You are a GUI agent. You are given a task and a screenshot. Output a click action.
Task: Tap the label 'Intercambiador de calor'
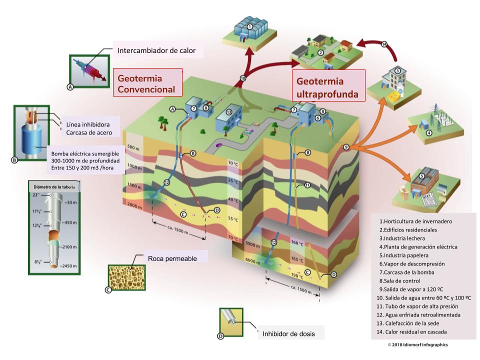(x=156, y=50)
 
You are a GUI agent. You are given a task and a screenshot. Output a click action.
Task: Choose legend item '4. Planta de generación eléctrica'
(x=418, y=246)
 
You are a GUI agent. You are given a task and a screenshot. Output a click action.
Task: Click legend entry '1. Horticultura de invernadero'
(x=415, y=221)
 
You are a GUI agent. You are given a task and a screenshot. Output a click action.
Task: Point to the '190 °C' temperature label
(x=297, y=275)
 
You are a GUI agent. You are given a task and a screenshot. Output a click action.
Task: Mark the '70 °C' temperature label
(x=232, y=237)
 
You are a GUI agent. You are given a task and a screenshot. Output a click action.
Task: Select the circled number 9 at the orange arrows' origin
(x=345, y=146)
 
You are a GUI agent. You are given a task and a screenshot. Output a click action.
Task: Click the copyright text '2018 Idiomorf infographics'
(x=418, y=345)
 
